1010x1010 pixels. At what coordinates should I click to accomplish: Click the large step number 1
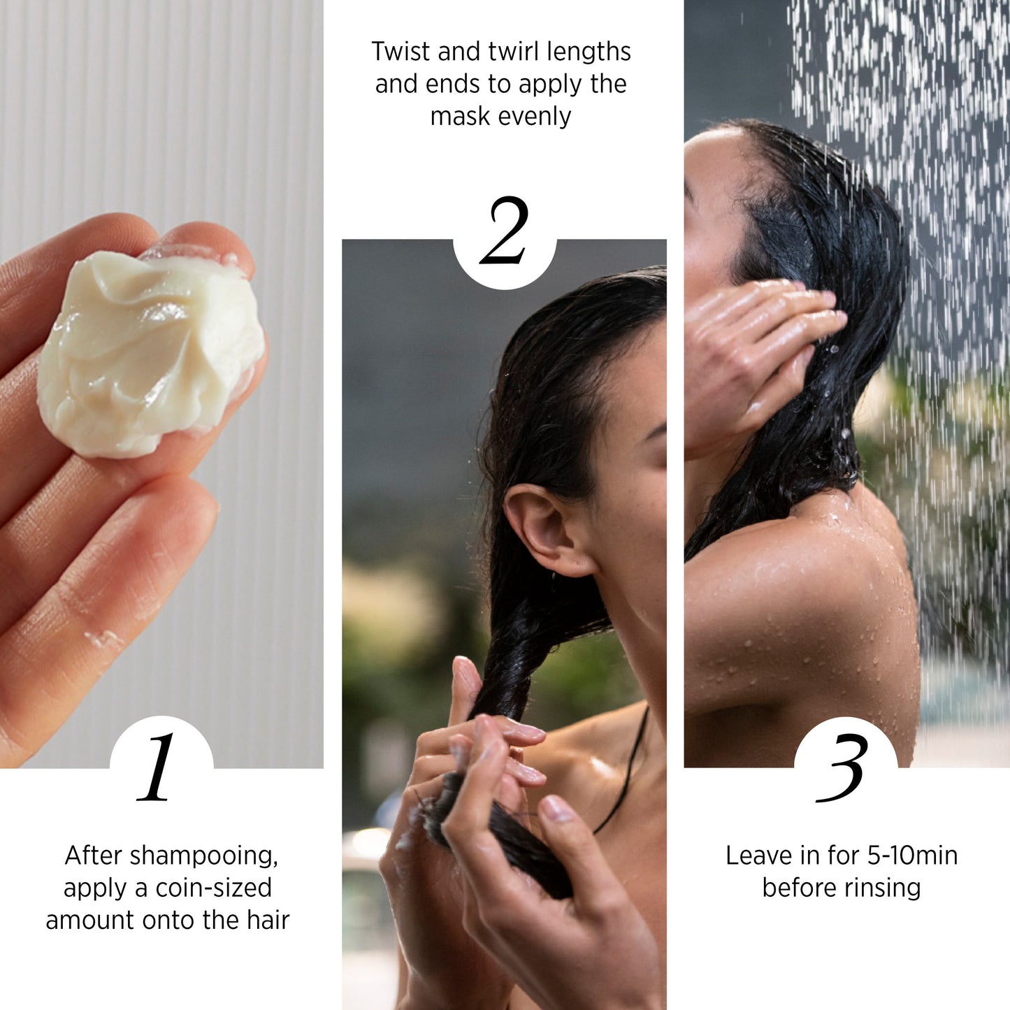point(158,767)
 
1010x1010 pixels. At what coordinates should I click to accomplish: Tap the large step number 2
point(504,231)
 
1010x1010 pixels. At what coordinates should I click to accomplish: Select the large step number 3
point(843,767)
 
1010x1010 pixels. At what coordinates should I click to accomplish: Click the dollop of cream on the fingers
point(147,353)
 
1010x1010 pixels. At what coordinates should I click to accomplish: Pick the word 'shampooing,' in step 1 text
point(204,856)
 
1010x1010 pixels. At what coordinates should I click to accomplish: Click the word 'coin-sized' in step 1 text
point(213,888)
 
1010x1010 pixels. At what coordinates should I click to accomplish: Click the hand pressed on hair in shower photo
point(755,349)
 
